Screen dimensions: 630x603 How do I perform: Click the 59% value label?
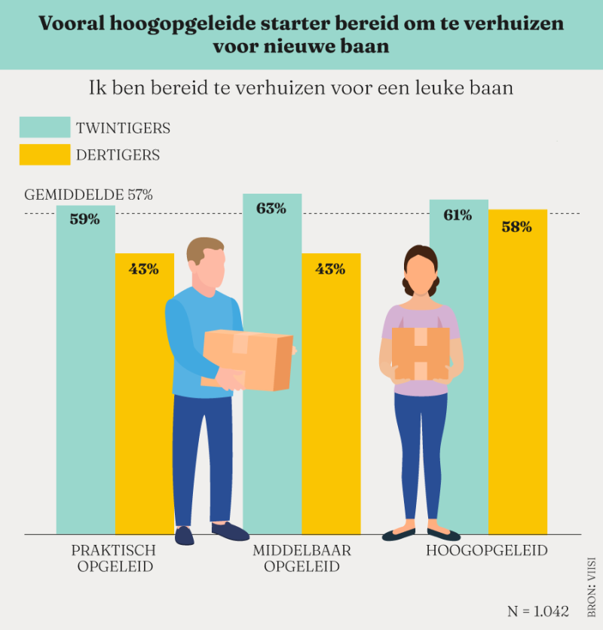pos(85,220)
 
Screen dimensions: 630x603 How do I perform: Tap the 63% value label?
pos(271,209)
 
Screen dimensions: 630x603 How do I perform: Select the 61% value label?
pos(458,216)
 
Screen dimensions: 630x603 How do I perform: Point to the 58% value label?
pos(516,226)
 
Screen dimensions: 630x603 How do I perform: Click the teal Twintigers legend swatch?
pos(44,127)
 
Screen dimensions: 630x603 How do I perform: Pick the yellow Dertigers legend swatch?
pos(44,154)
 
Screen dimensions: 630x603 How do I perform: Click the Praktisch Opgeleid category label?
pos(115,558)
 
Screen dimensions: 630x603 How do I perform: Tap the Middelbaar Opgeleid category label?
pos(301,558)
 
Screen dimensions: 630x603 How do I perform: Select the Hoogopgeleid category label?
pos(487,551)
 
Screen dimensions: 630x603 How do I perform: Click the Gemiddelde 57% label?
pos(89,194)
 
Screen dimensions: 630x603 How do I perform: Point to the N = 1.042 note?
pos(538,610)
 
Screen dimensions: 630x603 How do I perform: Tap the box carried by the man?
pos(248,359)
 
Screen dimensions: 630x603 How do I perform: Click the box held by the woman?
pos(421,353)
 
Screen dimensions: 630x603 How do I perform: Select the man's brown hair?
pos(205,249)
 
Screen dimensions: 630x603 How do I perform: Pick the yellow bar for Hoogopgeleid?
pos(517,377)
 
